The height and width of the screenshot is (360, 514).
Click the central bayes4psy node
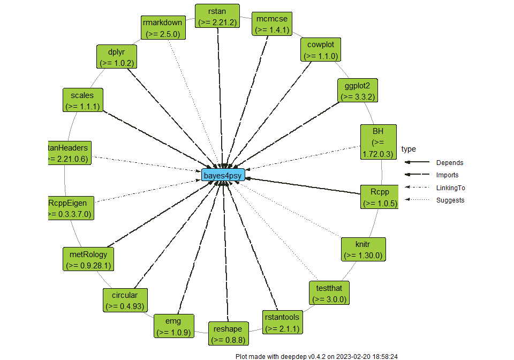pyautogui.click(x=223, y=175)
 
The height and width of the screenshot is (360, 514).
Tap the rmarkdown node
pyautogui.click(x=162, y=28)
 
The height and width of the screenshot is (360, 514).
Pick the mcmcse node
pyautogui.click(x=272, y=24)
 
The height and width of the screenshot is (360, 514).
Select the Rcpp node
pyautogui.click(x=379, y=197)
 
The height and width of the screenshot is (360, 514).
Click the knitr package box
pyautogui.click(x=362, y=250)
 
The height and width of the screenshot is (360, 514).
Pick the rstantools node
pyautogui.click(x=282, y=322)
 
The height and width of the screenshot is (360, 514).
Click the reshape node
pyautogui.click(x=228, y=333)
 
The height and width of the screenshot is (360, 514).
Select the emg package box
pyautogui.click(x=173, y=326)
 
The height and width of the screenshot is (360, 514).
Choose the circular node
pyautogui.click(x=125, y=301)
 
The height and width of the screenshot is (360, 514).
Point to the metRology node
pyautogui.click(x=89, y=259)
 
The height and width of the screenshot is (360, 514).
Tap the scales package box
pyautogui.click(x=82, y=100)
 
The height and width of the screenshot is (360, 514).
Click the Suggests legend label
pyautogui.click(x=450, y=200)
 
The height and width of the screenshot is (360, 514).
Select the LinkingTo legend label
pyautogui.click(x=450, y=188)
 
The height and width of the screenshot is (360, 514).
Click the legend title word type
pyautogui.click(x=409, y=149)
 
